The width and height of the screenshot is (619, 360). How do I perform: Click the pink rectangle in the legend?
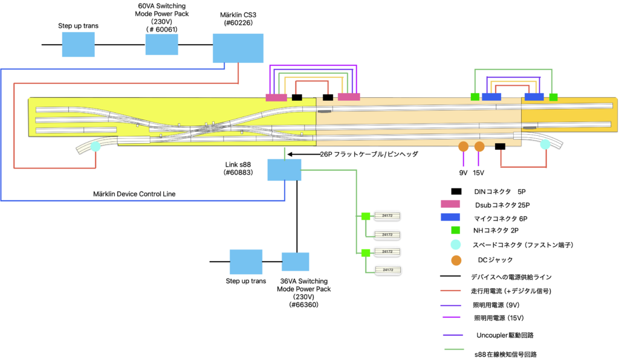coord(450,204)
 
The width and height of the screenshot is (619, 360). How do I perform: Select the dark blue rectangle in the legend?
coord(450,217)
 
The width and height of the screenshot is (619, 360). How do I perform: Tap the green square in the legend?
coord(456,230)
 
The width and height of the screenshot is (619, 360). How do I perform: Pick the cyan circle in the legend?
coord(456,245)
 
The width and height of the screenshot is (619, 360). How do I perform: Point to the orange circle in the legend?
coord(456,260)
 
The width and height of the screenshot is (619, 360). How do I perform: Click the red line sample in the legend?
coord(450,291)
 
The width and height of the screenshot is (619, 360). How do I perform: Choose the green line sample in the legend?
coord(454,349)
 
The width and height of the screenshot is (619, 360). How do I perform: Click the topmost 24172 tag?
coord(387,216)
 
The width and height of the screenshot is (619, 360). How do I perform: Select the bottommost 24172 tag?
coord(387,270)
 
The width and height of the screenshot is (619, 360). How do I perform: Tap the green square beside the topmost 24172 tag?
coord(366,216)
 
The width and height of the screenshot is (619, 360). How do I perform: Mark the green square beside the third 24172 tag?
coord(366,253)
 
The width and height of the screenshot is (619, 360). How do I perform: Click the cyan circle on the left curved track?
coord(96,147)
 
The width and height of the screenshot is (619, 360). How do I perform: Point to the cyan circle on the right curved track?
coord(545,144)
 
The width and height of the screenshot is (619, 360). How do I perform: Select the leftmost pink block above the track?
coord(276,97)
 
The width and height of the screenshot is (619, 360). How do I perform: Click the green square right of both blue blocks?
coord(553,97)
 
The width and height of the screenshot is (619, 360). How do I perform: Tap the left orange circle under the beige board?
coord(464,147)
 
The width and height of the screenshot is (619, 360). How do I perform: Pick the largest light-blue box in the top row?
coord(238,48)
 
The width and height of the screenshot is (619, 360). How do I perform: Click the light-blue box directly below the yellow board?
coord(284,170)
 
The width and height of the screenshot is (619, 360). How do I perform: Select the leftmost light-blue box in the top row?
coord(78,44)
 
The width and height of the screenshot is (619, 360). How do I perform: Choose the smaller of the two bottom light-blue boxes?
coord(295,262)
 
